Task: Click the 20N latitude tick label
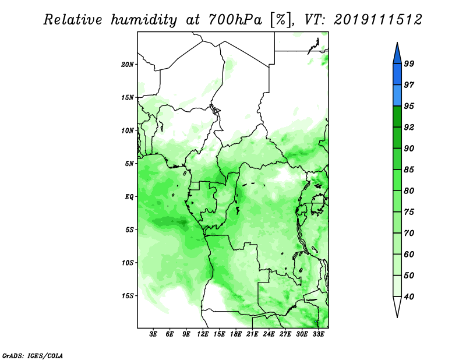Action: pyautogui.click(x=127, y=65)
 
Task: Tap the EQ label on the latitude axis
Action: pyautogui.click(x=129, y=197)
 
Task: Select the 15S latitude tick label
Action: pyautogui.click(x=127, y=296)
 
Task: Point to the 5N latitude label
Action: pyautogui.click(x=129, y=164)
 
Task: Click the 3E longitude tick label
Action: pyautogui.click(x=153, y=334)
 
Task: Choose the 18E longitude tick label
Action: pyautogui.click(x=235, y=334)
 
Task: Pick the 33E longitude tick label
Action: pyautogui.click(x=318, y=334)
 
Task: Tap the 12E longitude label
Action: pyautogui.click(x=202, y=334)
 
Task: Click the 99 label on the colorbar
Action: pyautogui.click(x=409, y=63)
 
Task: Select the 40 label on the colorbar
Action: pyautogui.click(x=409, y=297)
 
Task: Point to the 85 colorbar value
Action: pyautogui.click(x=409, y=170)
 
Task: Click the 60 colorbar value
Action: pyautogui.click(x=409, y=255)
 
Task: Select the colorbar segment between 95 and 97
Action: pyautogui.click(x=397, y=96)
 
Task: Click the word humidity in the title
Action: pyautogui.click(x=144, y=20)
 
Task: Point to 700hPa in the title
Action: pyautogui.click(x=235, y=20)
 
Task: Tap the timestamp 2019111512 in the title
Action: pyautogui.click(x=377, y=20)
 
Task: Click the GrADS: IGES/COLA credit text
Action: pyautogui.click(x=33, y=355)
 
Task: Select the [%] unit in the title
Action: pyautogui.click(x=280, y=20)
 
